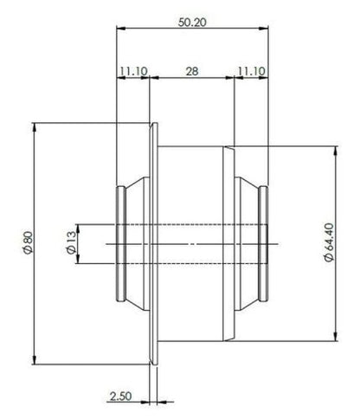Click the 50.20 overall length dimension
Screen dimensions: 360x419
point(192,23)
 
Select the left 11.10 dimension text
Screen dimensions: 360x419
point(134,71)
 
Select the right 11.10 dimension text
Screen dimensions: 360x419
point(251,71)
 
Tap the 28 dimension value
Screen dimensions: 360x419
point(192,71)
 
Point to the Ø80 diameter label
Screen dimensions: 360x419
point(29,242)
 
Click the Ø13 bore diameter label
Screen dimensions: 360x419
point(72,242)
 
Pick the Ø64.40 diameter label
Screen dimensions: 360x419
point(329,242)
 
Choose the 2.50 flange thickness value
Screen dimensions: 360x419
point(120,396)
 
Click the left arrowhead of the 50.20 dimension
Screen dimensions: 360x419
point(121,28)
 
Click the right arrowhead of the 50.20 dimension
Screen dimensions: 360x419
point(264,28)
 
